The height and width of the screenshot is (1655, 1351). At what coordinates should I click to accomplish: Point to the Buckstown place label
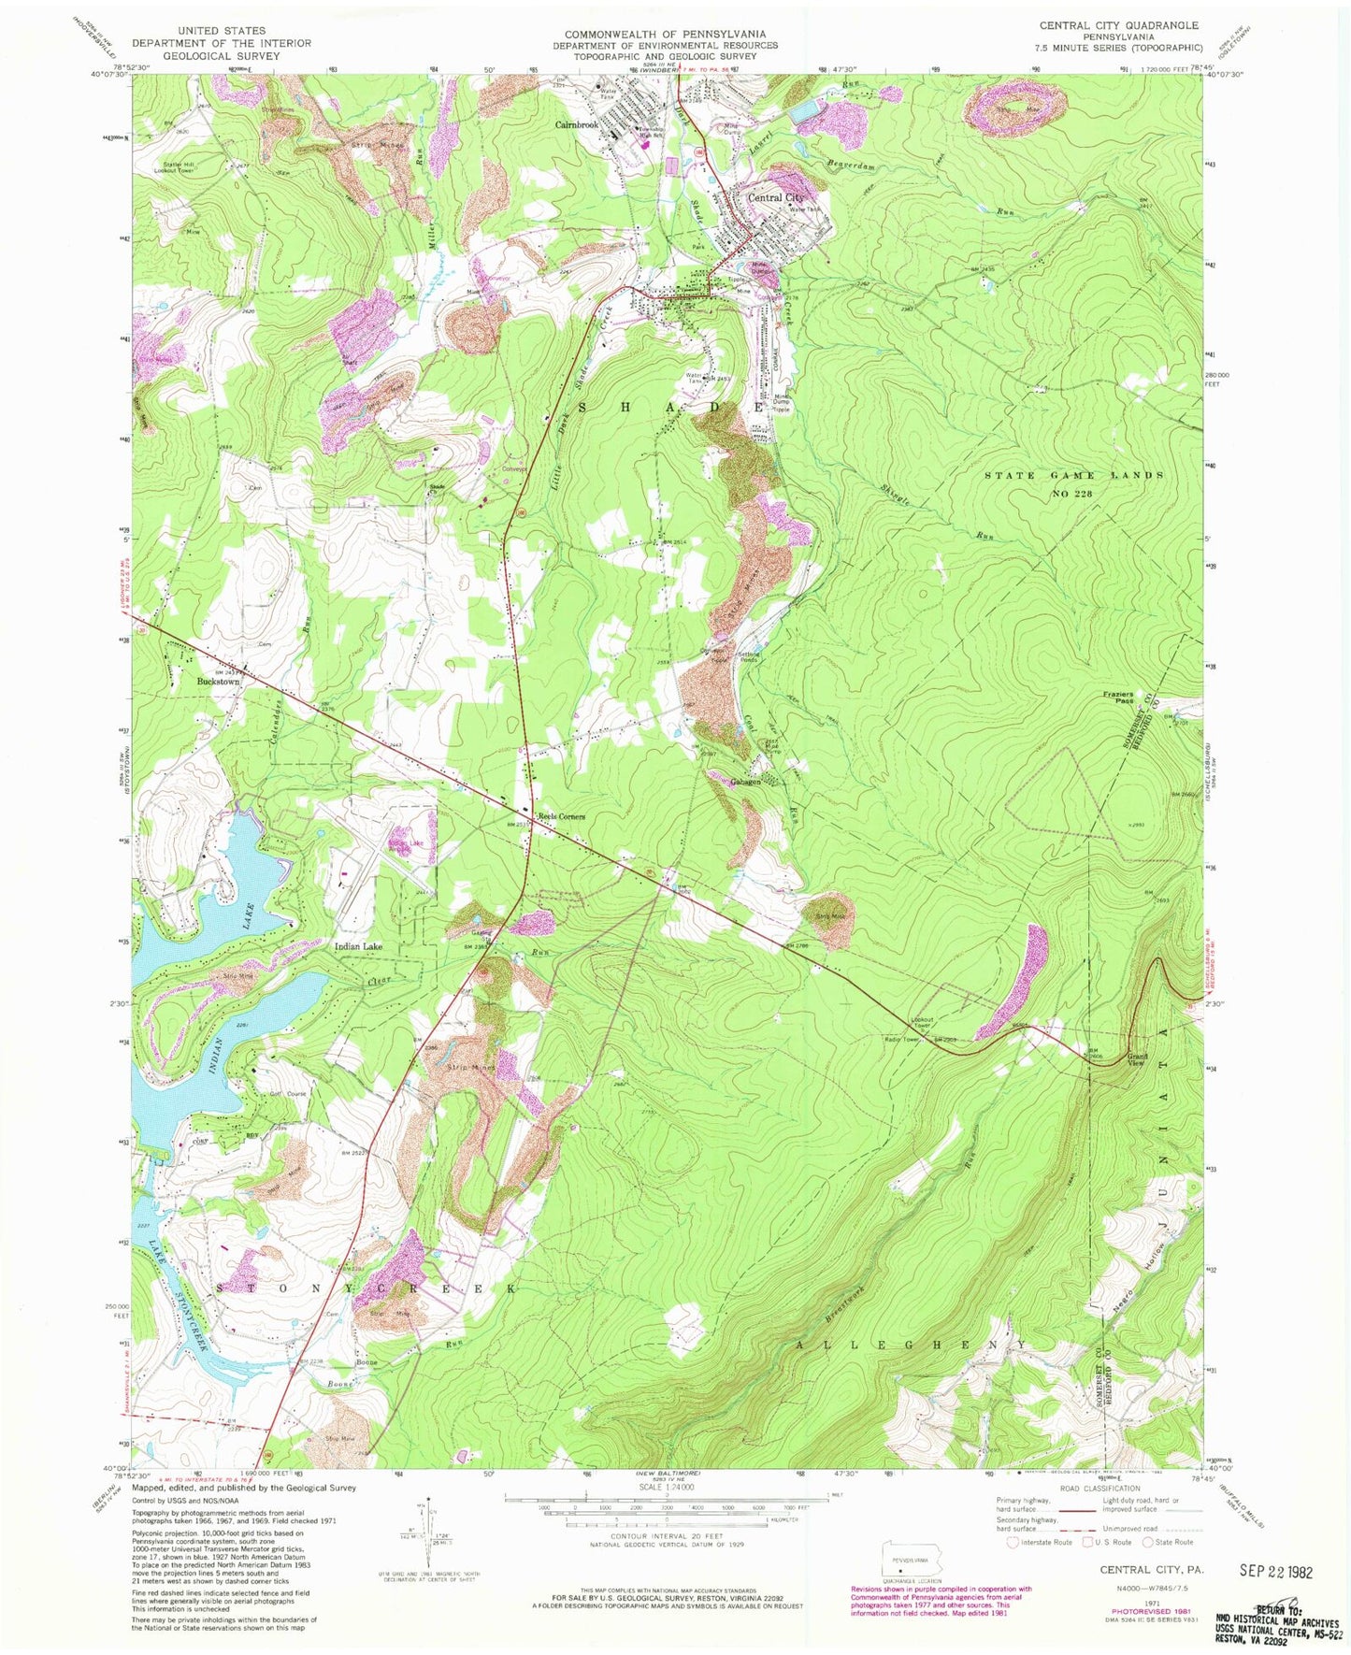218,682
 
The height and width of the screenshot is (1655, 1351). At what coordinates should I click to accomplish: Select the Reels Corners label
560,816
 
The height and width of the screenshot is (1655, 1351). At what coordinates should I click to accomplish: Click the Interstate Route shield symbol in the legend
1013,1543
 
